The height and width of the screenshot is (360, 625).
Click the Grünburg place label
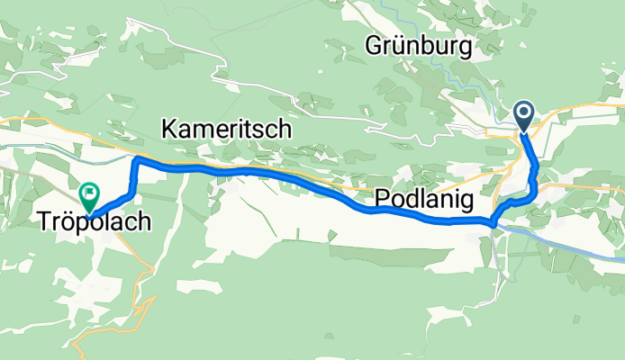[419, 47]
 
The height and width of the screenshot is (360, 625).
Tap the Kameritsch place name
[226, 130]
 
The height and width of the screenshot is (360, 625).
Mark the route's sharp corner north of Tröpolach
[137, 159]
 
